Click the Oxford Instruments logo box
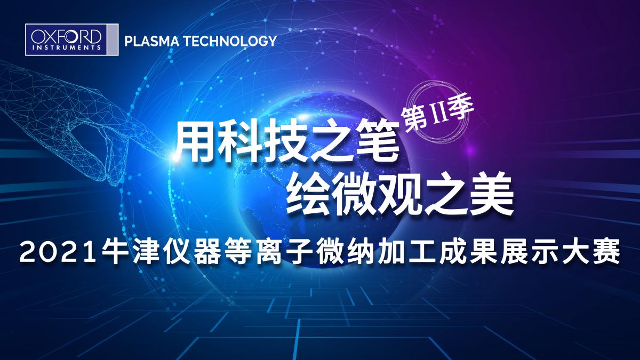(71, 39)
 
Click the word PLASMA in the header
(151, 41)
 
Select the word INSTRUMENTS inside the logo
(67, 47)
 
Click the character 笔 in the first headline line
(378, 143)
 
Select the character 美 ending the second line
(490, 195)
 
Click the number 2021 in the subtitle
(57, 253)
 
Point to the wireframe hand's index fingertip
(171, 155)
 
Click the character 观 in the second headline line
(398, 196)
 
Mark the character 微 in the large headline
(353, 196)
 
